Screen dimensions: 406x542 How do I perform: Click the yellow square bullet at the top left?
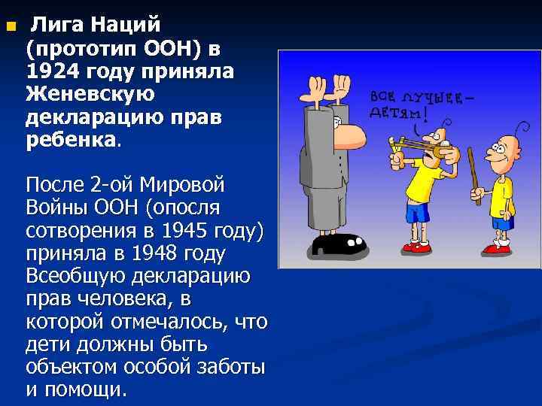[x=10, y=29]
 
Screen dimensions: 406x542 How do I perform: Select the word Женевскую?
[x=90, y=94]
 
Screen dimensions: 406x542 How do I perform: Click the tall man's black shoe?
[x=338, y=245]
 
